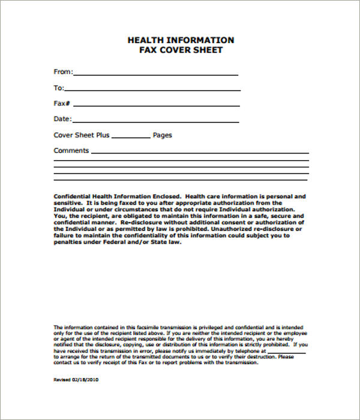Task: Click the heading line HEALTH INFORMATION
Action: click(181, 40)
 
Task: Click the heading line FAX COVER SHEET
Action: click(181, 50)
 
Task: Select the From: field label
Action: click(63, 72)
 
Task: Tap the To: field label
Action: click(59, 88)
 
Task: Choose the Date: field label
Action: click(62, 119)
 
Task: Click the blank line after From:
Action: click(156, 74)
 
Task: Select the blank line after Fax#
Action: click(156, 106)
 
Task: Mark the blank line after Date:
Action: click(156, 122)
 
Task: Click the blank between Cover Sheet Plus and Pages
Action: click(130, 137)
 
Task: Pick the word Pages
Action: click(162, 135)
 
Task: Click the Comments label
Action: click(71, 151)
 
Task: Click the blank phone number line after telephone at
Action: click(286, 352)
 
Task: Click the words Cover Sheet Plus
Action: click(81, 135)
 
